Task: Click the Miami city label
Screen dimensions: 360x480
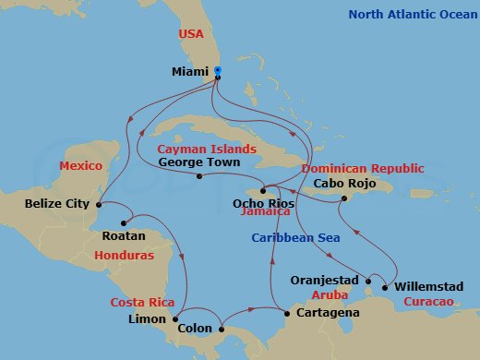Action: click(191, 71)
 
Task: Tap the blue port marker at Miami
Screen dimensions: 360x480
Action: click(217, 70)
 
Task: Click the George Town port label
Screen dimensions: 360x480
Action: click(199, 162)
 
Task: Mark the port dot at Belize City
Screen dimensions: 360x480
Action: click(98, 204)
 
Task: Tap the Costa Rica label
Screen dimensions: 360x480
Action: click(143, 303)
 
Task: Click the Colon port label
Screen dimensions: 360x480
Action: click(196, 327)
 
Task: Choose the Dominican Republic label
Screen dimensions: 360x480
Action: click(363, 169)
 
